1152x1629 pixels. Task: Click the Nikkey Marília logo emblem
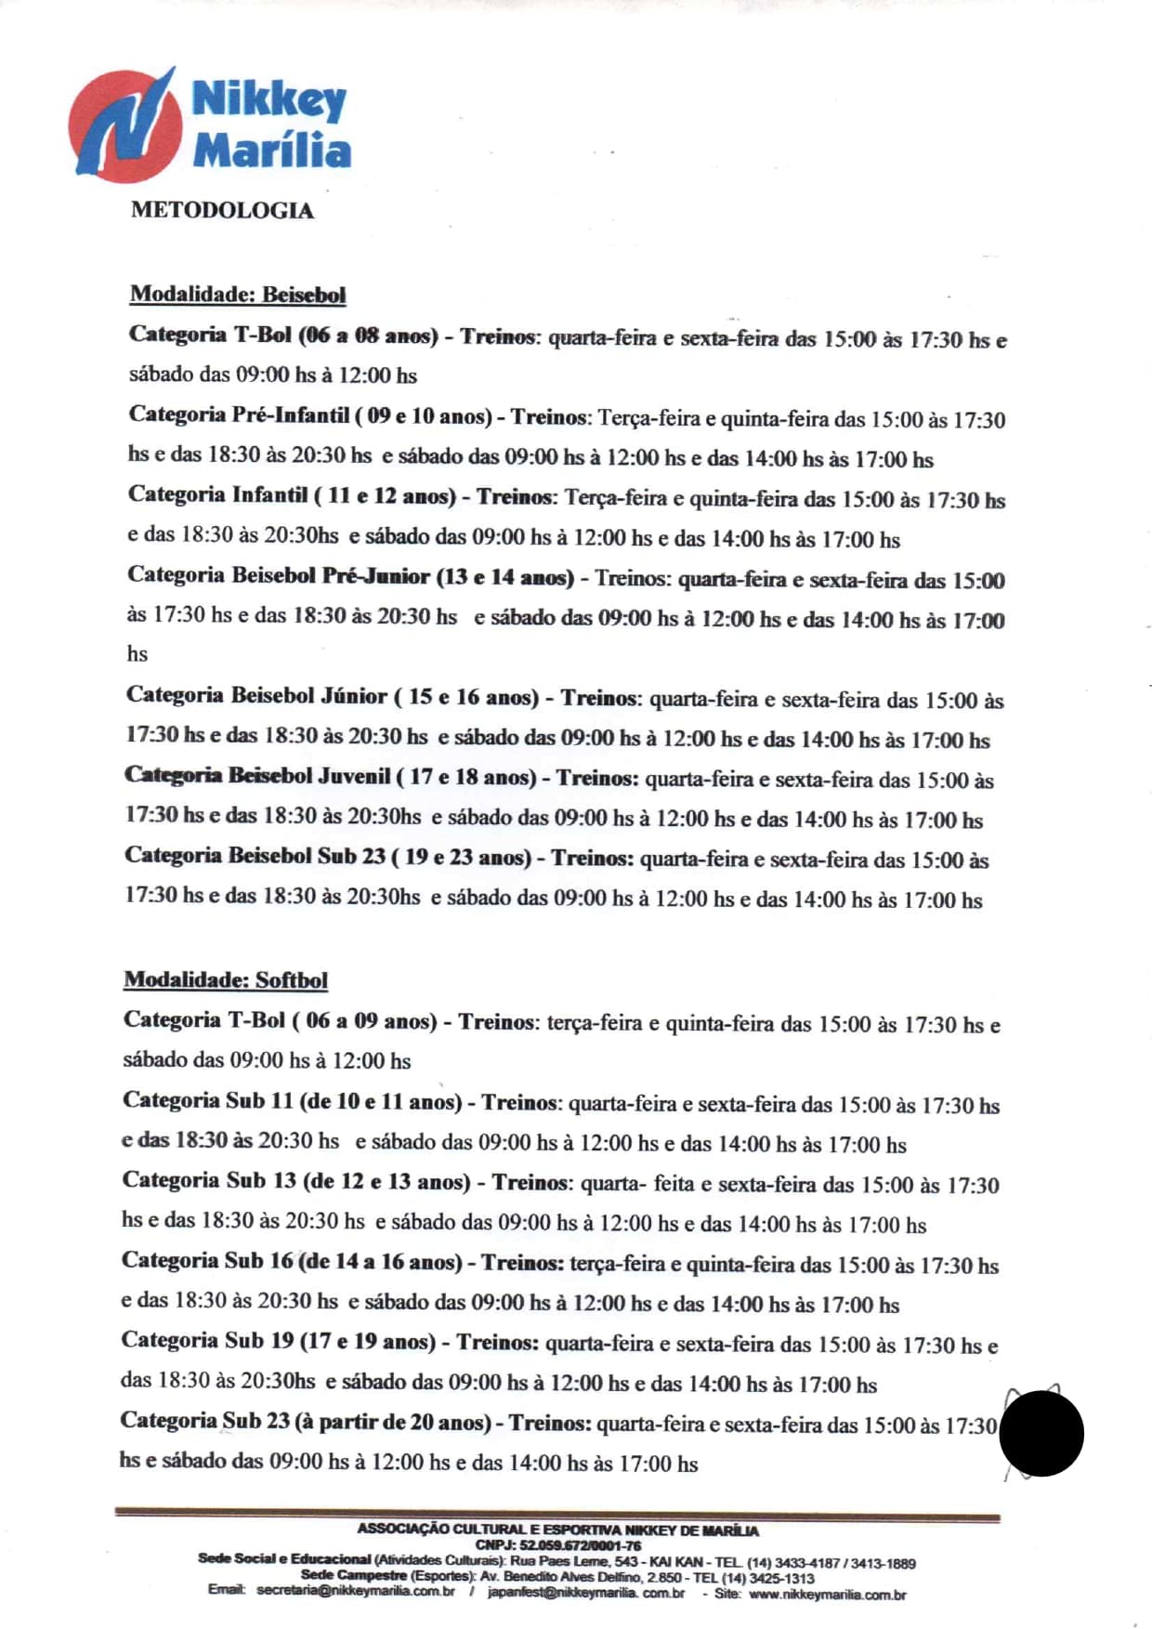(x=124, y=125)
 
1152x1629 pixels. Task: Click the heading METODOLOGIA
(x=222, y=210)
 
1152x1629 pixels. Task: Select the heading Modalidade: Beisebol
(x=238, y=295)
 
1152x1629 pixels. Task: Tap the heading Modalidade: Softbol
(x=226, y=979)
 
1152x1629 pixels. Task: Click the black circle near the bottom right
(x=1041, y=1433)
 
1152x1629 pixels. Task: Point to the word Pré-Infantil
(x=290, y=415)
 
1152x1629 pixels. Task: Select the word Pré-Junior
(x=375, y=576)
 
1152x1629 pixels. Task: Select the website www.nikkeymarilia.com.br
(x=827, y=1595)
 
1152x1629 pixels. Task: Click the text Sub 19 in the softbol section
(x=259, y=1341)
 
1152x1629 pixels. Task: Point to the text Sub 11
(x=259, y=1101)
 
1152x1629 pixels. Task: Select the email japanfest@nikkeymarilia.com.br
(x=585, y=1593)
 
